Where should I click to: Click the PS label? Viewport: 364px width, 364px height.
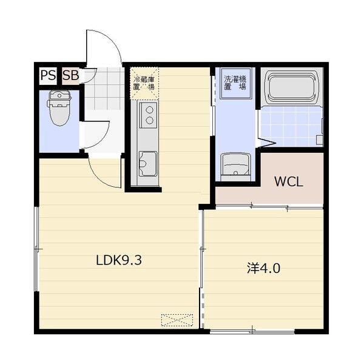[48, 75]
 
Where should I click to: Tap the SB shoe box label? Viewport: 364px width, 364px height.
[71, 75]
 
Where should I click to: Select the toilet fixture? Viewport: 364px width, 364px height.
[59, 108]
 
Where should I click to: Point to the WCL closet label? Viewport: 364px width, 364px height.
[289, 182]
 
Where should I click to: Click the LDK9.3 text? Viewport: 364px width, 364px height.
[119, 260]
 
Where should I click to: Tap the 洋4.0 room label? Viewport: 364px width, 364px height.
[264, 268]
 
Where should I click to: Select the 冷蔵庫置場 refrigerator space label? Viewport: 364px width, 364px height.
[144, 83]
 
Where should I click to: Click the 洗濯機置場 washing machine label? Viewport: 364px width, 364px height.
[235, 83]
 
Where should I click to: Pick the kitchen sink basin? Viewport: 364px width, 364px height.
[147, 163]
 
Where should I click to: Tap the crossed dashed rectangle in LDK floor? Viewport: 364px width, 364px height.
[177, 320]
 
